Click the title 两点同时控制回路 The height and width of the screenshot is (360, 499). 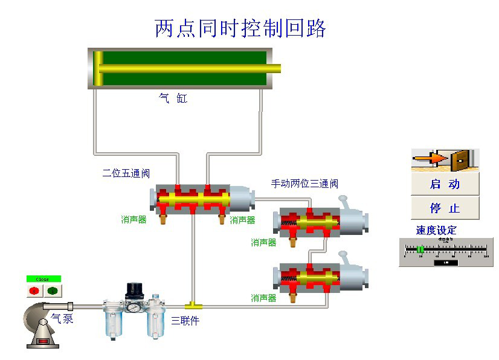click(240, 28)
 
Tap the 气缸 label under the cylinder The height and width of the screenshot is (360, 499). click(173, 98)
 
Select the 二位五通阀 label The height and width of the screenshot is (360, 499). click(126, 173)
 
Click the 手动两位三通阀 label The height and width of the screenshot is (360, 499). click(304, 184)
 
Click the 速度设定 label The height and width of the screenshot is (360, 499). click(436, 230)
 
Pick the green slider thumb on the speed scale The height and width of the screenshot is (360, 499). click(420, 249)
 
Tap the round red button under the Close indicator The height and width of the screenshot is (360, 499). click(34, 291)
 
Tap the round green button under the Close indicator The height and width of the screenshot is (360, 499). click(52, 291)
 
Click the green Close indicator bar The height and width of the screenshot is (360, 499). click(43, 279)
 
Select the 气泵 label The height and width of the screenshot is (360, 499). click(62, 318)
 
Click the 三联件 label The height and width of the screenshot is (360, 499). click(185, 321)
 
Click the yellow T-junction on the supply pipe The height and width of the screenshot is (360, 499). click(192, 302)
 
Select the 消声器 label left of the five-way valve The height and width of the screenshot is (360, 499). click(134, 220)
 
